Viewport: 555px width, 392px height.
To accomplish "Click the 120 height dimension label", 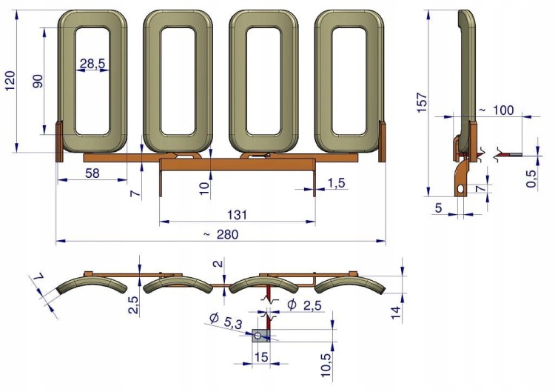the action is click(x=10, y=81).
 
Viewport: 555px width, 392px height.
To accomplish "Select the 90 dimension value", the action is click(x=38, y=82).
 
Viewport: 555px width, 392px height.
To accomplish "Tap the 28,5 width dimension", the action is click(x=92, y=64).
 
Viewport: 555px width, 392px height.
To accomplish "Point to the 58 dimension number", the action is click(x=92, y=173).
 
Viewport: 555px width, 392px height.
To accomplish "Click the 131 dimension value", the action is click(x=237, y=215).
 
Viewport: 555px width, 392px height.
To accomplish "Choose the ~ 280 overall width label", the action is click(x=221, y=235).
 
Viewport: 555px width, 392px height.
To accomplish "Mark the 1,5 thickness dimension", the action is click(x=336, y=183).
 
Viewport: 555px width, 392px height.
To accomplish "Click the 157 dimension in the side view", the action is click(x=423, y=103).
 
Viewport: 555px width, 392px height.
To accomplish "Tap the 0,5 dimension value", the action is click(x=531, y=179).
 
